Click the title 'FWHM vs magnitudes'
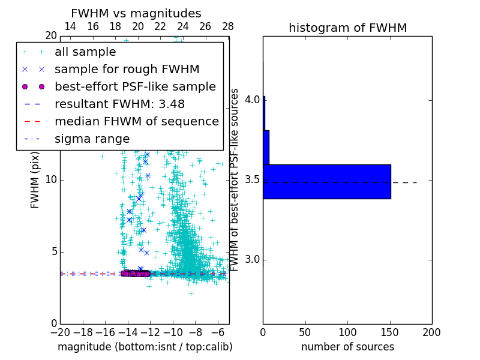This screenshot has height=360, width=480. pyautogui.click(x=136, y=14)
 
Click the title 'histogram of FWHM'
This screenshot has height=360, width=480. pyautogui.click(x=347, y=28)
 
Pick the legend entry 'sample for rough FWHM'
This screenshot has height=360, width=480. pyautogui.click(x=127, y=69)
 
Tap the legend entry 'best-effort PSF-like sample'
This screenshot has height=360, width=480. pyautogui.click(x=135, y=86)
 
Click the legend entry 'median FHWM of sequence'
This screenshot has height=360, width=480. pyautogui.click(x=136, y=121)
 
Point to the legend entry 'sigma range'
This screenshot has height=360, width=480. pyautogui.click(x=92, y=139)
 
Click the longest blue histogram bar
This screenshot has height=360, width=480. pyautogui.click(x=327, y=181)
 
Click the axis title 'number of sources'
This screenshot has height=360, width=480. pyautogui.click(x=347, y=347)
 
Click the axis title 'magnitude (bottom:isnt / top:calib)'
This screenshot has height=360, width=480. pyautogui.click(x=145, y=347)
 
